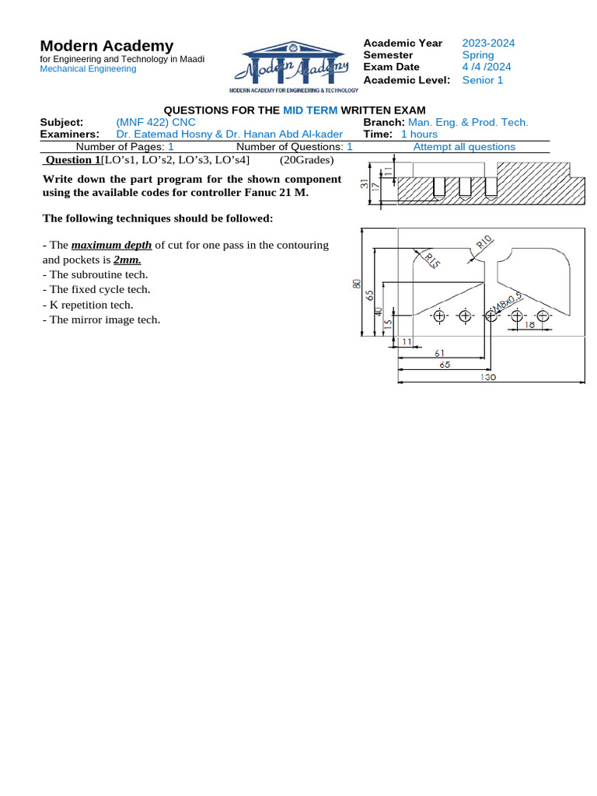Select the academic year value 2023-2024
[488, 44]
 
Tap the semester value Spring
[477, 55]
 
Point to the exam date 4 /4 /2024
[487, 67]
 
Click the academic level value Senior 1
[483, 80]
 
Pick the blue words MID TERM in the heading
[310, 111]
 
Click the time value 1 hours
[419, 134]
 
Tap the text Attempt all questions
[464, 146]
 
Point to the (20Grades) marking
[306, 160]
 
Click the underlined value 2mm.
[127, 260]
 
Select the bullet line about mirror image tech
[101, 319]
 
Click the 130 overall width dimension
[488, 377]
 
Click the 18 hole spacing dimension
[529, 324]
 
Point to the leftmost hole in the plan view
[439, 316]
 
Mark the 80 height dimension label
[358, 285]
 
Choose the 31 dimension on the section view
[364, 184]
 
